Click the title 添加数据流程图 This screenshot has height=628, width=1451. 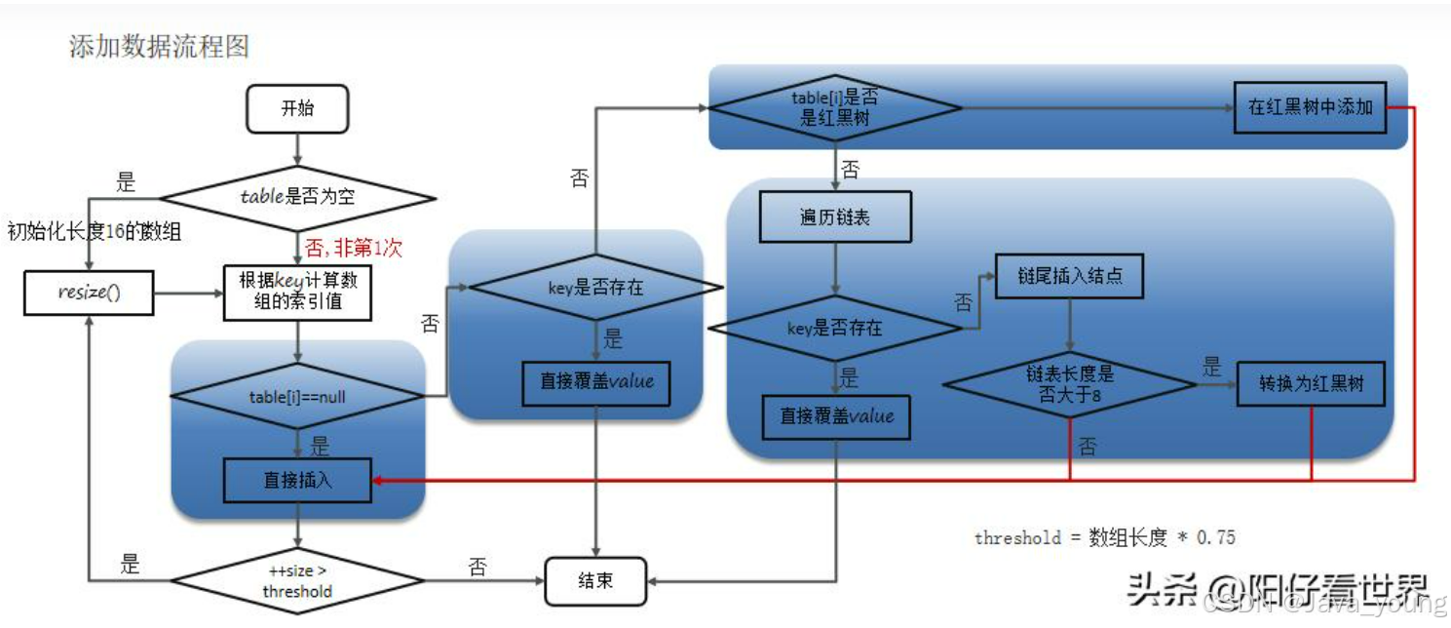(160, 46)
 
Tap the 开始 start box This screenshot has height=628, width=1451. (297, 108)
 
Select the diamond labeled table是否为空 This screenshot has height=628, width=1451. (297, 197)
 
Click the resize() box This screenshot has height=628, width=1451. (89, 293)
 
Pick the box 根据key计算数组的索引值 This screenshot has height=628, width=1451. (297, 292)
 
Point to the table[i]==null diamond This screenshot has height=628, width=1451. (297, 397)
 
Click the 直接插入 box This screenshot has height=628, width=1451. (297, 481)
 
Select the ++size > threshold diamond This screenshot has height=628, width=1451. (297, 581)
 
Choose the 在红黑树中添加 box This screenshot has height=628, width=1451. (1310, 107)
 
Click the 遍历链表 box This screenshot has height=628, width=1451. (835, 216)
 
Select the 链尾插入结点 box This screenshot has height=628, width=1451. (1068, 276)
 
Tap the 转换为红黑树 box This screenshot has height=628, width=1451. (1311, 385)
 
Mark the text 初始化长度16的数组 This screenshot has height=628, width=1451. (95, 232)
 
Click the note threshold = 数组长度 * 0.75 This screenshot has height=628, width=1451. (1104, 537)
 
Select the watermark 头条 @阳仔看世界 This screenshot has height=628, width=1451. (1277, 588)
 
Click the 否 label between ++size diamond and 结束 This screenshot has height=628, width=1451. (477, 568)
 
